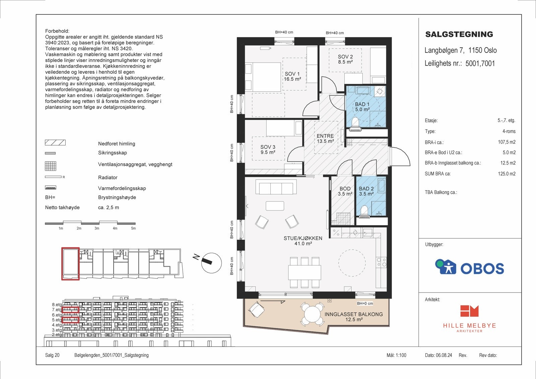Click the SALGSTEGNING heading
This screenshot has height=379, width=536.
[459, 34]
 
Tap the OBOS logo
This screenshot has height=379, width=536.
[469, 267]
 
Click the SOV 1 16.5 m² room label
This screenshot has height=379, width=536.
[292, 76]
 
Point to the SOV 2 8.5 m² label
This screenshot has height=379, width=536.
[345, 59]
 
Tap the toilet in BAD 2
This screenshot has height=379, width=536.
[364, 211]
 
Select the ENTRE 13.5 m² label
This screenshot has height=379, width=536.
[325, 138]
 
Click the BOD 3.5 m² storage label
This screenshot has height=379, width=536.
[345, 191]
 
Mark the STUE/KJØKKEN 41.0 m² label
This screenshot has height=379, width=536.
[303, 241]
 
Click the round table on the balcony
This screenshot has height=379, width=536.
[312, 314]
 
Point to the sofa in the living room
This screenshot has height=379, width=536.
[276, 187]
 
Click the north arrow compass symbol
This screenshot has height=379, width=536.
[211, 263]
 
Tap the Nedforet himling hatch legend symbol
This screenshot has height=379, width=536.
[55, 143]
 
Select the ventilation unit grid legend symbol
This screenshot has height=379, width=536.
[51, 166]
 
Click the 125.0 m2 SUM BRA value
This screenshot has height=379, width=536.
[507, 174]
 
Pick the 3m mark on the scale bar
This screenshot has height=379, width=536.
[97, 228]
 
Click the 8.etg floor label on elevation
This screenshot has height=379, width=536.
[57, 305]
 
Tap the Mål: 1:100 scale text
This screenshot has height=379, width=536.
[396, 355]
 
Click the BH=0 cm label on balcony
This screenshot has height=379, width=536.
[365, 304]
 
